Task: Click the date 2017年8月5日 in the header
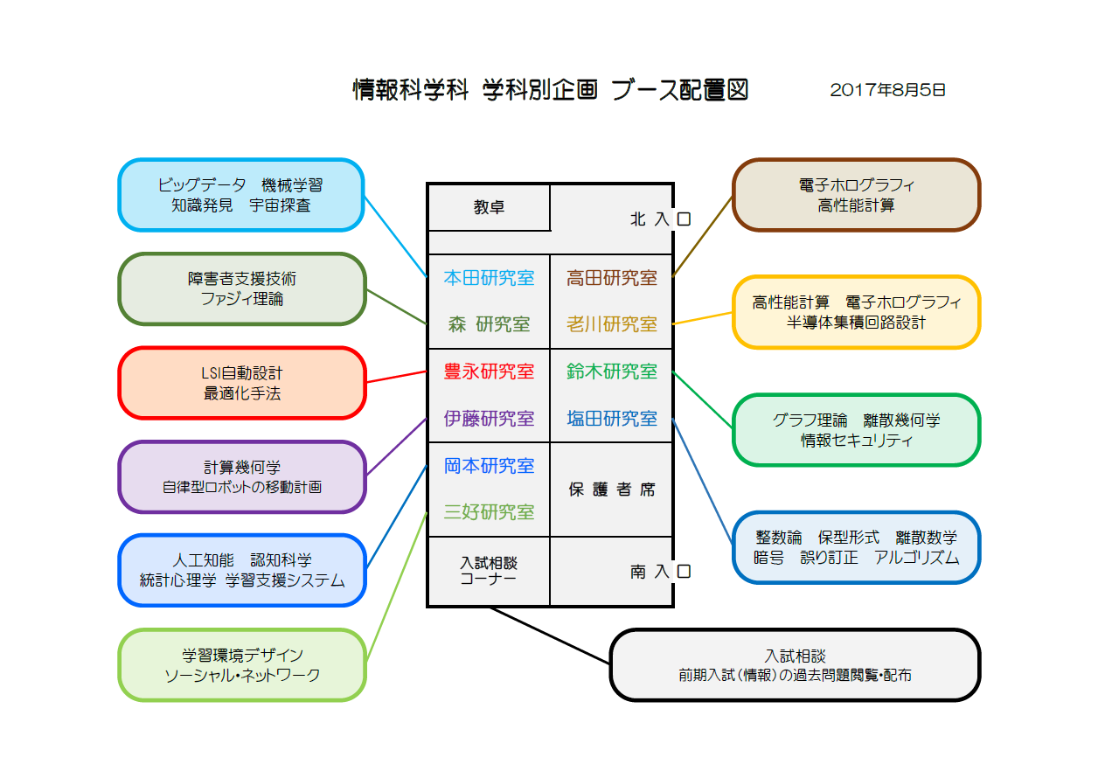coord(887,90)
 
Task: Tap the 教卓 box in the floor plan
coord(489,207)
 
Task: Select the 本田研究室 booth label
coord(489,278)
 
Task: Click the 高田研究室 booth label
coord(612,278)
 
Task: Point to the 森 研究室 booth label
coord(489,324)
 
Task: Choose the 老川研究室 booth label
coord(612,324)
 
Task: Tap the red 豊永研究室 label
coord(489,372)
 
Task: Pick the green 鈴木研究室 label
coord(612,372)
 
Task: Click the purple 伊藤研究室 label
coord(489,419)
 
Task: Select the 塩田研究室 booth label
coord(612,419)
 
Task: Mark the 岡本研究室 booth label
coord(489,466)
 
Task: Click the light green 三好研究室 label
coord(489,512)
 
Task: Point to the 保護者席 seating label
coord(612,489)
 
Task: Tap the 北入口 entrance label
coord(660,219)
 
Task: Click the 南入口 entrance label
coord(660,572)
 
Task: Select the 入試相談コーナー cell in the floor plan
coord(489,571)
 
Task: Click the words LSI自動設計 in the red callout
coord(241,373)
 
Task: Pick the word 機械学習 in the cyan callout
coord(292,185)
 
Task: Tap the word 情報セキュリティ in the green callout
coord(857,441)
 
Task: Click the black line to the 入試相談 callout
coord(550,636)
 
